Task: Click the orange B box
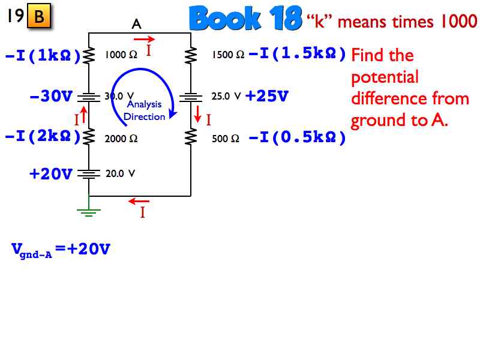(x=39, y=16)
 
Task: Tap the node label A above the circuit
(x=137, y=24)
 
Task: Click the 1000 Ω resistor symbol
(x=89, y=56)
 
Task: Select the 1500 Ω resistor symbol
(x=191, y=55)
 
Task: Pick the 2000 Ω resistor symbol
(x=89, y=137)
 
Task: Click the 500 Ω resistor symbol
(x=191, y=137)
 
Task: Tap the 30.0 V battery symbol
(x=89, y=98)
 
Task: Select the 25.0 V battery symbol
(x=191, y=98)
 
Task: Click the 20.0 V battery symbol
(x=89, y=174)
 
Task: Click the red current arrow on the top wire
(x=144, y=39)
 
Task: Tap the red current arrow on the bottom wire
(x=139, y=201)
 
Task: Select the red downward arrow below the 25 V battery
(x=198, y=114)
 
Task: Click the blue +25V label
(x=267, y=96)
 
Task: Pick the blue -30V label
(x=51, y=96)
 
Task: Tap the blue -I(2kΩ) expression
(x=43, y=136)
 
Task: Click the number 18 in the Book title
(x=286, y=19)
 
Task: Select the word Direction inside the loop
(x=144, y=116)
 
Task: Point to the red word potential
(x=385, y=77)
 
